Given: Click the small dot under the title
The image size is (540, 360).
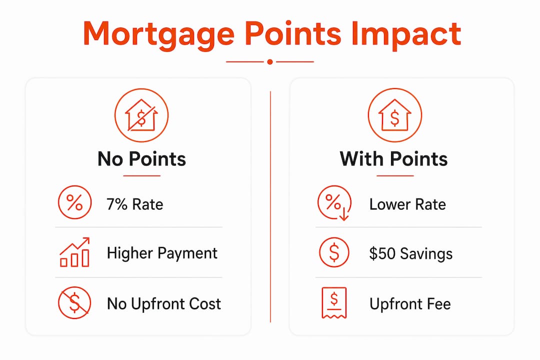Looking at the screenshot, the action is tap(270, 61).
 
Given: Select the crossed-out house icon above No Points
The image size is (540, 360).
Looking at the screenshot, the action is tap(141, 115).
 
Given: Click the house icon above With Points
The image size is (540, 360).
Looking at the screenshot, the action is tap(394, 115).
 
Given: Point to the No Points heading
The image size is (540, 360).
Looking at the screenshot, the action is tap(141, 159).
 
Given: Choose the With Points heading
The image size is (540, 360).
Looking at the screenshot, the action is tap(393, 159).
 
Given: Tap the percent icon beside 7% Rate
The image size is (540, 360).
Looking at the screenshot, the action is tap(74, 202).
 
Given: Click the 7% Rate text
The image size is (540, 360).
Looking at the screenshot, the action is tap(134, 204).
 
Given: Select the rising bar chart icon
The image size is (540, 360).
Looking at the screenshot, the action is tap(74, 252).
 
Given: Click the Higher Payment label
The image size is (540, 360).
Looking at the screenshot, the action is tap(162, 253).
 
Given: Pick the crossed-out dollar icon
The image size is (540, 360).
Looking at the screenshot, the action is tap(74, 303).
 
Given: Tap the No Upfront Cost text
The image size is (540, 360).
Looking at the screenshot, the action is tap(164, 304).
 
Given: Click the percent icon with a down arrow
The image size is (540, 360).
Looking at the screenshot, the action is tap(334, 203).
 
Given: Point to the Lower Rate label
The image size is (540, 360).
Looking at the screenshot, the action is tap(407, 204).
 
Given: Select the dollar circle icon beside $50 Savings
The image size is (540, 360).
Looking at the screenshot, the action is tap(334, 252).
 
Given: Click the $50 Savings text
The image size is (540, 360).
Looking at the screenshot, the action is tap(411, 253).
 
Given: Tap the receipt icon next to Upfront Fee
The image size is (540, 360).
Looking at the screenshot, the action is tap(334, 303).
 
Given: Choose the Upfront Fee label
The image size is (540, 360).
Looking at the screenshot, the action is tap(410, 304).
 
